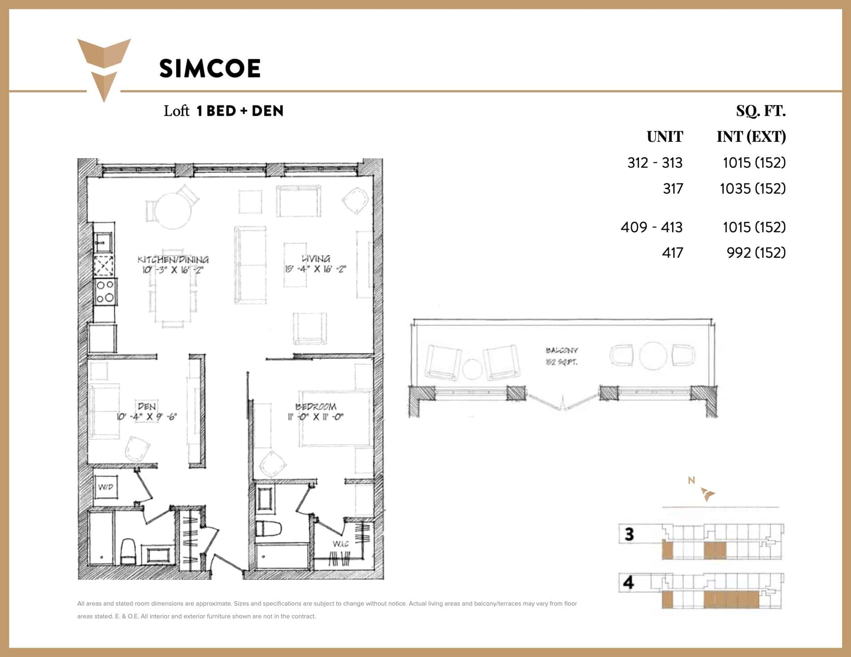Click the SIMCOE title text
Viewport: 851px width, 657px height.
pyautogui.click(x=210, y=68)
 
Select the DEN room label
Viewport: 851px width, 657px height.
pyautogui.click(x=146, y=406)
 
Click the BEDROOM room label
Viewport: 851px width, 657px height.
pyautogui.click(x=316, y=406)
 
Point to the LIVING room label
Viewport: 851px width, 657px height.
pyautogui.click(x=316, y=259)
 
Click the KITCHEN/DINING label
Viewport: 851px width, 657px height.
pyautogui.click(x=173, y=260)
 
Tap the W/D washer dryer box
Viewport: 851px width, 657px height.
pyautogui.click(x=106, y=487)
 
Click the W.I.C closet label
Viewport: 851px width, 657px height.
pyautogui.click(x=340, y=544)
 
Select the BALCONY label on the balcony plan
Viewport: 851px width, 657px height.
pyautogui.click(x=562, y=350)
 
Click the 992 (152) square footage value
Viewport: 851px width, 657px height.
pyautogui.click(x=756, y=253)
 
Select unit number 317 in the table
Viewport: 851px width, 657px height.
pyautogui.click(x=673, y=188)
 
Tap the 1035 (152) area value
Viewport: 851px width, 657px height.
pyautogui.click(x=752, y=188)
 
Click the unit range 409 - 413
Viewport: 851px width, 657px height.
pyautogui.click(x=651, y=227)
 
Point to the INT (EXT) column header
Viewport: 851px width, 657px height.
pyautogui.click(x=751, y=137)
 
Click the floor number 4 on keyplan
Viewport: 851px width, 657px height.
pyautogui.click(x=629, y=582)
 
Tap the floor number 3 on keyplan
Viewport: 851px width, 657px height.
pyautogui.click(x=629, y=534)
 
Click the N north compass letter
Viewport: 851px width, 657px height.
pyautogui.click(x=691, y=480)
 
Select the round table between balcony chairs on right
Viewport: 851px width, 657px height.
pyautogui.click(x=653, y=356)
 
